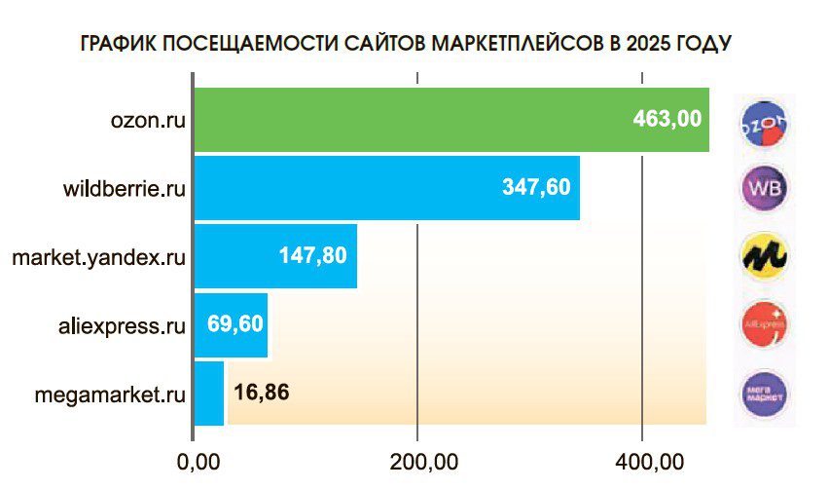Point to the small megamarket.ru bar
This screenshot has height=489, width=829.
pyautogui.click(x=210, y=394)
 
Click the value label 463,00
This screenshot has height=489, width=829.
pyautogui.click(x=667, y=120)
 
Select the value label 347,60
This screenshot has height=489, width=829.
pyautogui.click(x=536, y=188)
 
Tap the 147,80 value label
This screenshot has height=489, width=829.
pyautogui.click(x=312, y=257)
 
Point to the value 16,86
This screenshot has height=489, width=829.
pyautogui.click(x=261, y=394)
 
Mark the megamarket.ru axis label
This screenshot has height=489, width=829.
pyautogui.click(x=109, y=395)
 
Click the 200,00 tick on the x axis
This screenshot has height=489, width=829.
pyautogui.click(x=417, y=459)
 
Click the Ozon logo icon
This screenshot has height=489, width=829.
pyautogui.click(x=764, y=121)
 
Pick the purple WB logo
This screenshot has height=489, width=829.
pyautogui.click(x=764, y=188)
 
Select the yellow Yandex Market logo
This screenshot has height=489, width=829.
pyautogui.click(x=764, y=256)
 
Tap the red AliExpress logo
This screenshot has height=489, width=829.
pyautogui.click(x=764, y=324)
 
